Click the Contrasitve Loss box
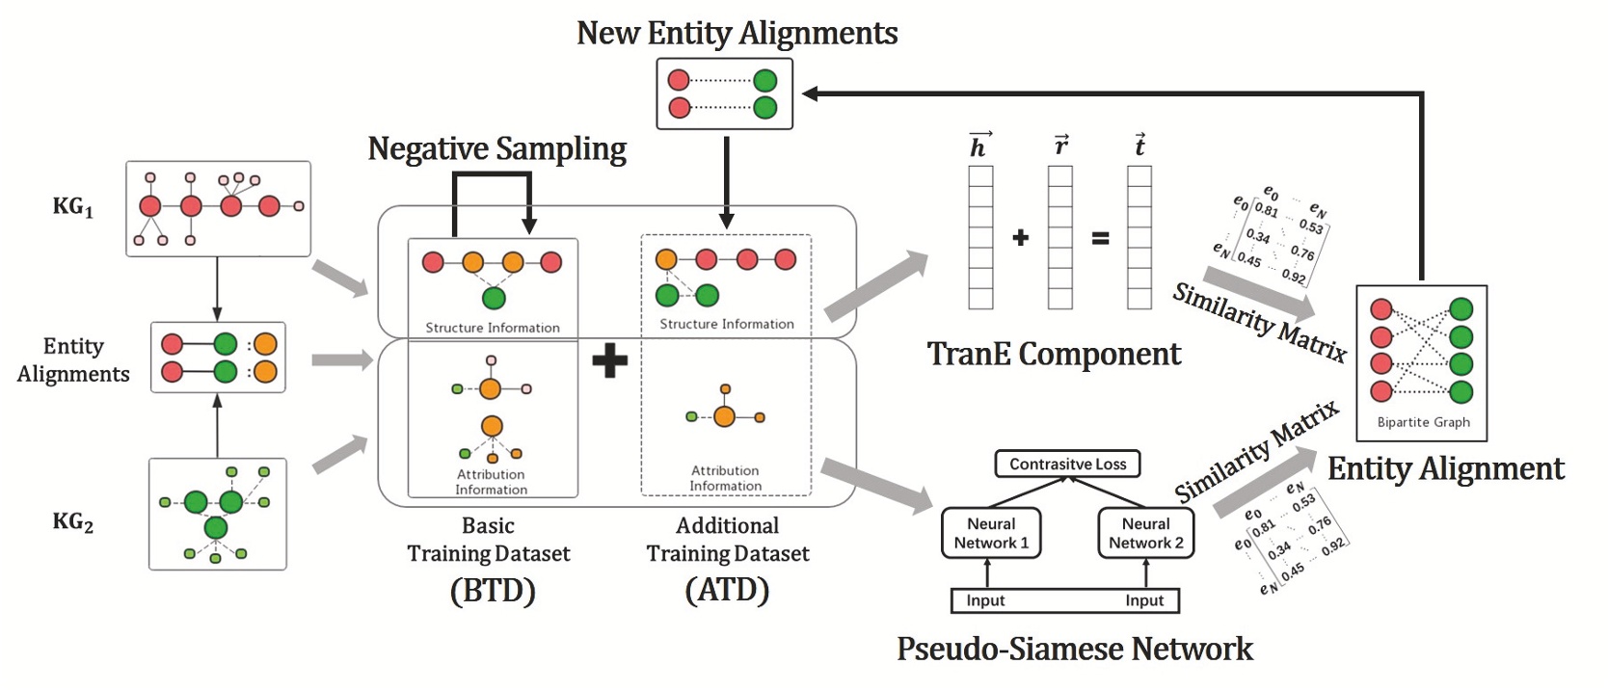pyautogui.click(x=1067, y=464)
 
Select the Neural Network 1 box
pyautogui.click(x=991, y=533)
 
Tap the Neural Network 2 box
pyautogui.click(x=1145, y=533)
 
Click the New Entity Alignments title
pyautogui.click(x=737, y=33)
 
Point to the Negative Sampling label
pyautogui.click(x=496, y=148)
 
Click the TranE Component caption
pyautogui.click(x=1053, y=354)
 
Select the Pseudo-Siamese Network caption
pyautogui.click(x=1074, y=649)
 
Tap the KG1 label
pyautogui.click(x=73, y=206)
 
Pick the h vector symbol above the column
pyautogui.click(x=979, y=145)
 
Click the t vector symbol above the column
pyautogui.click(x=1139, y=145)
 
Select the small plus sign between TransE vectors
pyautogui.click(x=1021, y=237)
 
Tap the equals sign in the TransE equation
pyautogui.click(x=1100, y=238)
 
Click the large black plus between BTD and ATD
pyautogui.click(x=609, y=361)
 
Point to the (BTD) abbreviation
pyautogui.click(x=492, y=590)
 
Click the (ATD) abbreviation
pyautogui.click(x=727, y=589)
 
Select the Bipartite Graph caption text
pyautogui.click(x=1423, y=422)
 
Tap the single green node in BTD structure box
pyautogui.click(x=494, y=299)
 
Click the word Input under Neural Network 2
pyautogui.click(x=1144, y=600)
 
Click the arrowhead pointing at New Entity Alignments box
pyautogui.click(x=810, y=93)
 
